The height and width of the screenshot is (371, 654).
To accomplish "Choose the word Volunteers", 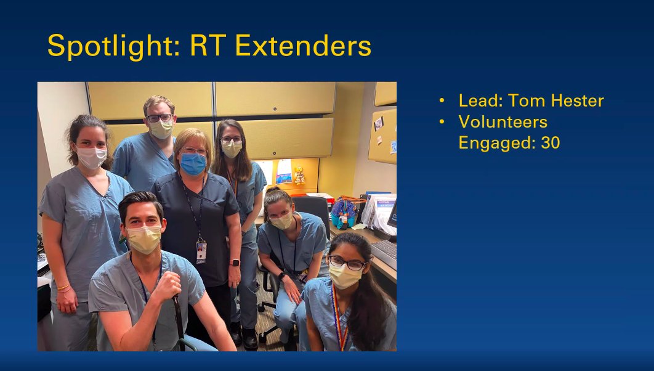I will coord(503,121).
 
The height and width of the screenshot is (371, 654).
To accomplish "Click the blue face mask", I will coord(193,164).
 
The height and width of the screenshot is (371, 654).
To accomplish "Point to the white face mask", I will coord(91,158).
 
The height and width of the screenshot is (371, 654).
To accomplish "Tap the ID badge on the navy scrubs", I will coord(201,251).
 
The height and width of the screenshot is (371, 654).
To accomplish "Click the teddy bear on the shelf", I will coord(299,175).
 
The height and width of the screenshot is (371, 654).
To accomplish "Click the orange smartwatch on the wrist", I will coord(235,263).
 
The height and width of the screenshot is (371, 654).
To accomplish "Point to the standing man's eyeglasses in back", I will coord(159,118).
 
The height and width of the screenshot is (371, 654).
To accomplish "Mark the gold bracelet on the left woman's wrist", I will coord(63,287).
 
